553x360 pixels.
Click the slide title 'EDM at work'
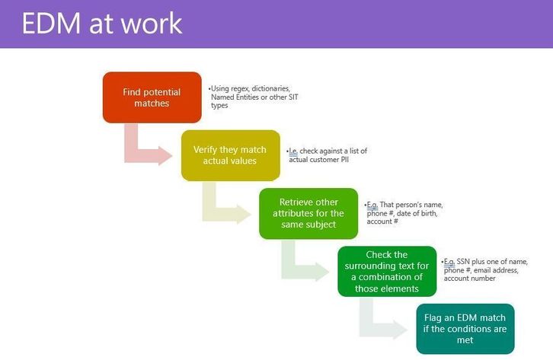pyautogui.click(x=102, y=24)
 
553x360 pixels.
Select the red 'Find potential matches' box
pyautogui.click(x=152, y=97)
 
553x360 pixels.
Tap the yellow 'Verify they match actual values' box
pyautogui.click(x=230, y=155)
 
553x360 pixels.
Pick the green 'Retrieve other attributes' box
pyautogui.click(x=308, y=213)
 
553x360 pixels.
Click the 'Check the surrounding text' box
pyautogui.click(x=387, y=271)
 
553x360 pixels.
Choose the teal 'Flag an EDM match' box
pyautogui.click(x=465, y=329)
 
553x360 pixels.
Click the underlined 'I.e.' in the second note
pyautogui.click(x=293, y=151)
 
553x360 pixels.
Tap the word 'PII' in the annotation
pyautogui.click(x=344, y=160)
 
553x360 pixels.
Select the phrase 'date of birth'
pyautogui.click(x=417, y=213)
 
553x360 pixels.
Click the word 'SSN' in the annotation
pyautogui.click(x=463, y=262)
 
